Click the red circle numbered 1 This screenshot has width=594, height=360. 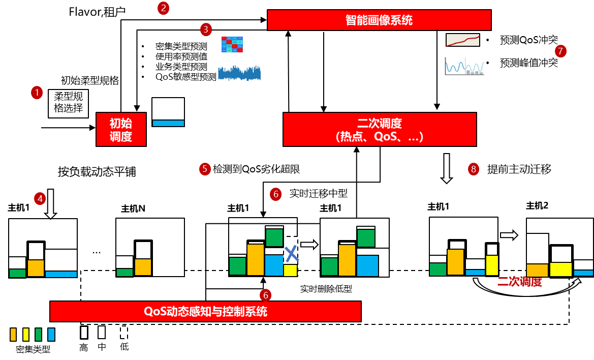[x=37, y=93]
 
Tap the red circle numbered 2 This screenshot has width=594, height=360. [x=163, y=8]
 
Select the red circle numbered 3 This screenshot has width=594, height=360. [x=206, y=29]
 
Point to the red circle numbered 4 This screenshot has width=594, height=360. [x=40, y=199]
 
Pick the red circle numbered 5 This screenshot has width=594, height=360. [x=205, y=169]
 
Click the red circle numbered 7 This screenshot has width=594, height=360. [x=560, y=51]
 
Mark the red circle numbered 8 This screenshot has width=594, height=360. [x=474, y=169]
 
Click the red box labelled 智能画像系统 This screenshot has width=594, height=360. [x=379, y=20]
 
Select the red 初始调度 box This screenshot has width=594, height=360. [x=121, y=130]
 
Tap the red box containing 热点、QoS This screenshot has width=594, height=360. [x=380, y=130]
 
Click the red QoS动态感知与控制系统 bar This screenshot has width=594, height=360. [x=205, y=311]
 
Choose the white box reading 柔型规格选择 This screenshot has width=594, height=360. [x=69, y=104]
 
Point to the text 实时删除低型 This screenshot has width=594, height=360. [x=326, y=289]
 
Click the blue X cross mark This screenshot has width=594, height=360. [x=291, y=254]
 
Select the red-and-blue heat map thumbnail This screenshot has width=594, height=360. [x=232, y=44]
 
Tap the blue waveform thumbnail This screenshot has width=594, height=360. [x=239, y=73]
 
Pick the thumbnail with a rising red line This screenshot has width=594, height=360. [x=463, y=40]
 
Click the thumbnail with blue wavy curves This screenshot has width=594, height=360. [x=464, y=66]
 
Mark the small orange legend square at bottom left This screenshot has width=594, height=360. [x=13, y=334]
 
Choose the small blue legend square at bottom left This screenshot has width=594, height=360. [x=51, y=334]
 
